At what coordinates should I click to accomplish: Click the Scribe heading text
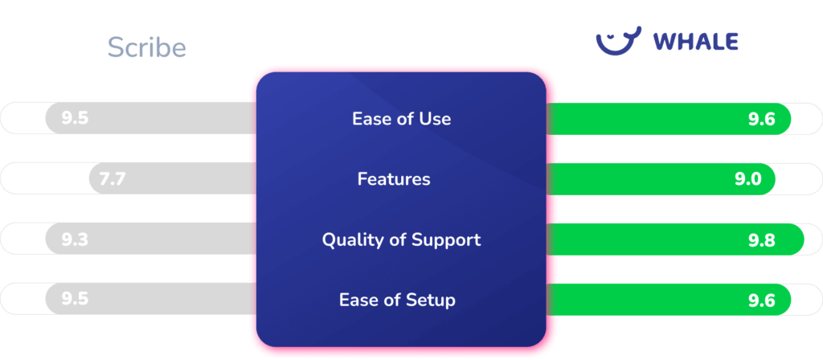point(147,47)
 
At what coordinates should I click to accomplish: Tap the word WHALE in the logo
point(695,42)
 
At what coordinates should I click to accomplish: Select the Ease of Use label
point(401,119)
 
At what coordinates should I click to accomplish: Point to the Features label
point(394,179)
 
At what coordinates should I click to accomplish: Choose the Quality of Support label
point(401,239)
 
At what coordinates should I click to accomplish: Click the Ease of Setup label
point(397,301)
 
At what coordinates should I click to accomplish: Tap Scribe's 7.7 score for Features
point(113,179)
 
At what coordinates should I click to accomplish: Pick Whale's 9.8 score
point(760,239)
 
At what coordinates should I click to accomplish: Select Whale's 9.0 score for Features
point(747,179)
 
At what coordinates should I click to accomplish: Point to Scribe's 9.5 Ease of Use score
point(74,119)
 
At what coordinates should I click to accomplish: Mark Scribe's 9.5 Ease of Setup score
point(74,300)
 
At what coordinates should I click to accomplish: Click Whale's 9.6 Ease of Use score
point(760,119)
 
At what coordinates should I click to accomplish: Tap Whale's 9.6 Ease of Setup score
point(760,300)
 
